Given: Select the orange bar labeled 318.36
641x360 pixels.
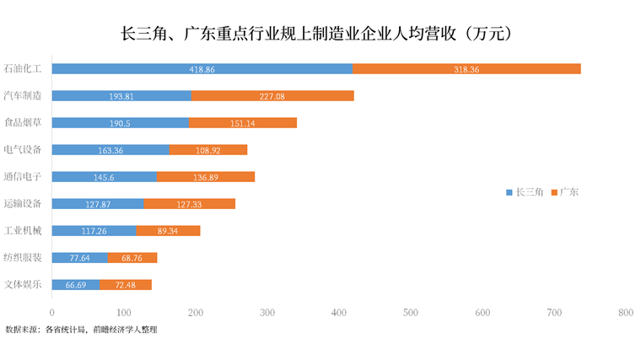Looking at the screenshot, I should tap(466, 69).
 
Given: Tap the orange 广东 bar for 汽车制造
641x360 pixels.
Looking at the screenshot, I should tap(272, 96).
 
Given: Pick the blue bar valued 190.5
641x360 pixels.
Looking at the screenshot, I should tap(121, 123).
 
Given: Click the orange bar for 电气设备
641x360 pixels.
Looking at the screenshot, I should tap(208, 150).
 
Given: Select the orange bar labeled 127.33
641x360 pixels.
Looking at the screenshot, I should tap(190, 204).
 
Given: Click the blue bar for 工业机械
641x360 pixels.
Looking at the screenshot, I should tap(94, 231).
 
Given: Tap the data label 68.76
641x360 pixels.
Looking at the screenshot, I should tap(133, 258).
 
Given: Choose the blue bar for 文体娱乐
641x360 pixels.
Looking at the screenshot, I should tap(76, 285).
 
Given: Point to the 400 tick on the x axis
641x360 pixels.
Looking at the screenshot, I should tap(339, 312).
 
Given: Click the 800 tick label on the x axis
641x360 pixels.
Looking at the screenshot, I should tap(625, 312).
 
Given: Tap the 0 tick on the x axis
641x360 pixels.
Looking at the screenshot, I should tap(52, 312).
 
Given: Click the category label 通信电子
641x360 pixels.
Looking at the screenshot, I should tap(23, 177).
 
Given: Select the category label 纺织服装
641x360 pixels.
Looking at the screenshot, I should tap(23, 258).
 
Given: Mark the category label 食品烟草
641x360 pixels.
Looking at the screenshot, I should tap(23, 123).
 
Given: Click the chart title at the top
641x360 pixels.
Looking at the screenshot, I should tap(320, 34).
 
